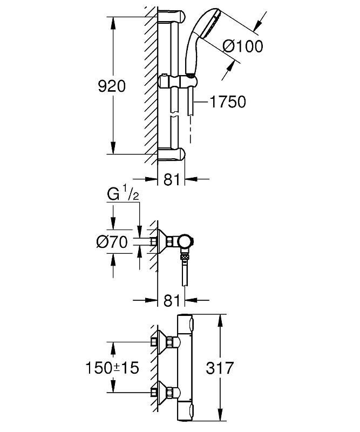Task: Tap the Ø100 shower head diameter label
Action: [242, 46]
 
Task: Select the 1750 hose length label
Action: [227, 102]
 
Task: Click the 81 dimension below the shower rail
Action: [171, 180]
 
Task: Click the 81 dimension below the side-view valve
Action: [171, 301]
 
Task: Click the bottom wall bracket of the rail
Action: [172, 154]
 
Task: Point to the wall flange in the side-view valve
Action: [161, 241]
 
